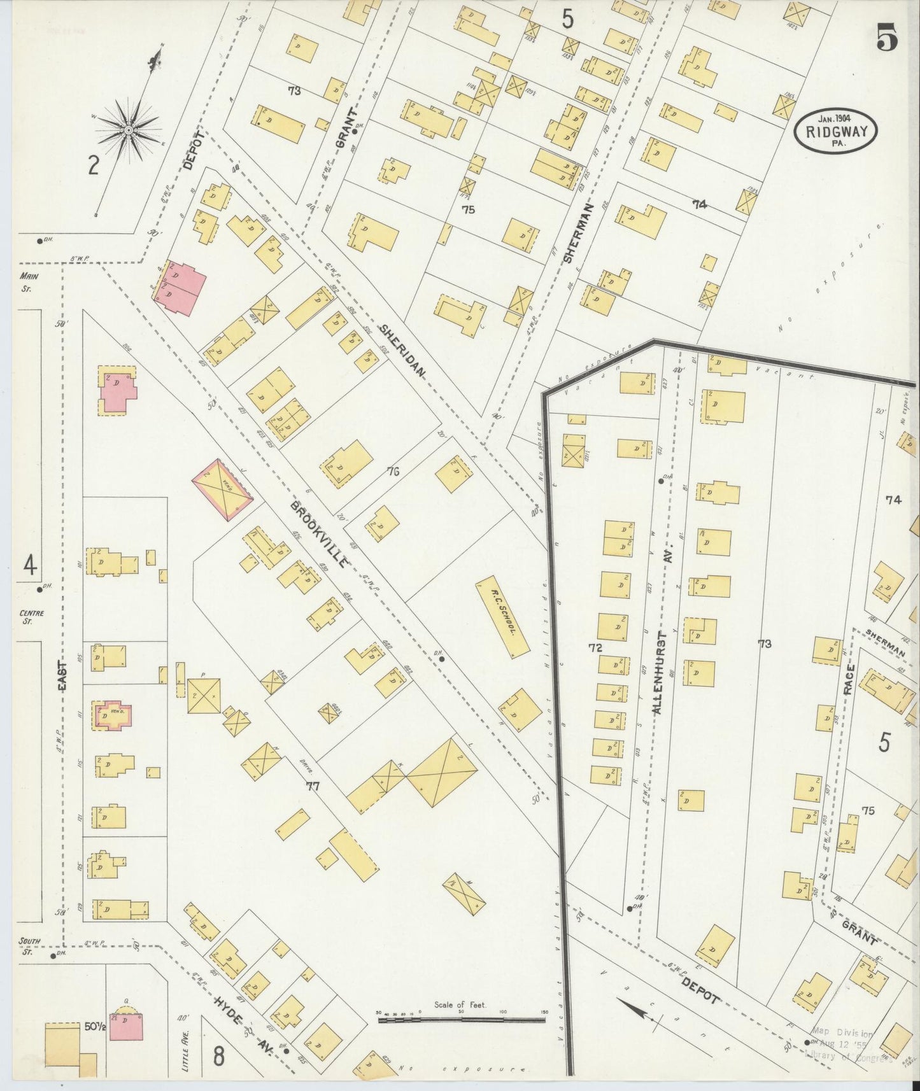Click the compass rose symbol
(128, 130)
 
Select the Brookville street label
(320, 533)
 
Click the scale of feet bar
(461, 1020)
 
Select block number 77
(313, 787)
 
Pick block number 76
(393, 472)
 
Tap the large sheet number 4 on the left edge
(29, 564)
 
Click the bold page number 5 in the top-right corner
(887, 39)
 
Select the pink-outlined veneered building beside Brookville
(222, 488)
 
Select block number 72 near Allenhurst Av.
(595, 648)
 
